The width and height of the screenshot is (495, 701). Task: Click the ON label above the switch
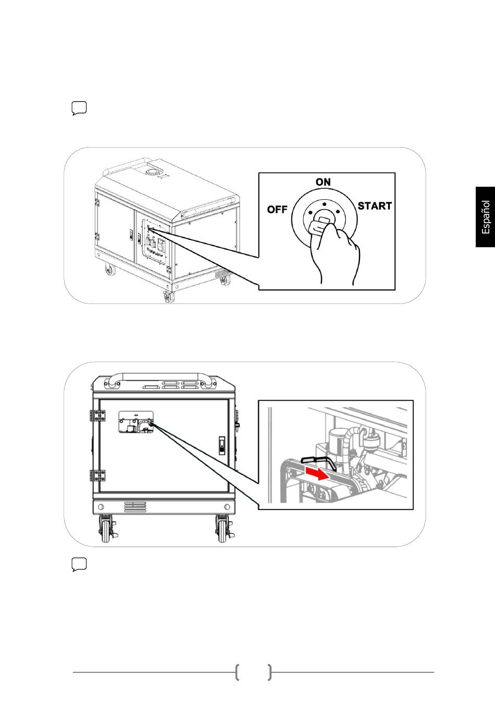tap(323, 182)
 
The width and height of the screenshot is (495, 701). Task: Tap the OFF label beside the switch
tap(277, 209)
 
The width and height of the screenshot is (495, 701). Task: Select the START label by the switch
tap(375, 206)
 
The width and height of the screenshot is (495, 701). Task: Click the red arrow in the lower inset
tap(317, 473)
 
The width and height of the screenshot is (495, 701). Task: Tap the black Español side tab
tap(485, 217)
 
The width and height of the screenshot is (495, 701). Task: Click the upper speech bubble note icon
tap(79, 108)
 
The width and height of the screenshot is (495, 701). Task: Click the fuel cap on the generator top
tap(153, 172)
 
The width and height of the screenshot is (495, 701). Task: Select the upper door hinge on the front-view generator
tap(98, 416)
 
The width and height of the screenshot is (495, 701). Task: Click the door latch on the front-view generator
tap(221, 445)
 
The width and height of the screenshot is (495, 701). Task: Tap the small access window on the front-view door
tap(136, 422)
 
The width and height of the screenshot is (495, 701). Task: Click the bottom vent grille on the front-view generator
tap(135, 507)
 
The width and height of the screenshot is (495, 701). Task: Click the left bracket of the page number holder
tap(237, 672)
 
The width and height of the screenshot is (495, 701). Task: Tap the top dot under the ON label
tap(324, 204)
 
